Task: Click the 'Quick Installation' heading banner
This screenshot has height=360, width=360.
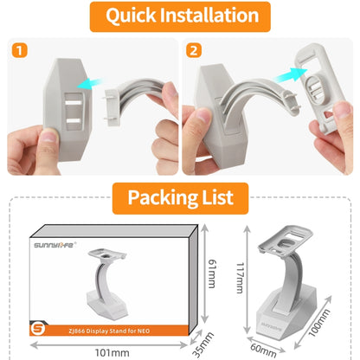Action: click(180, 16)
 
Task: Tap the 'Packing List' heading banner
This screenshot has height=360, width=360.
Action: click(180, 198)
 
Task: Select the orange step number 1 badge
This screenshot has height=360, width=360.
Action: click(20, 50)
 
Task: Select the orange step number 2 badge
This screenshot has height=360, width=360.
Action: click(194, 50)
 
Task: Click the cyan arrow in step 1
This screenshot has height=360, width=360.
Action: click(89, 84)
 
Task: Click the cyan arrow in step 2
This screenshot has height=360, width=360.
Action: click(289, 75)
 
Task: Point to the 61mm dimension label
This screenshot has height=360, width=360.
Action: click(212, 273)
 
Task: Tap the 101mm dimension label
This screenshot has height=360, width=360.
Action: click(112, 352)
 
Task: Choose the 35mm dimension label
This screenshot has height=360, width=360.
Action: click(203, 344)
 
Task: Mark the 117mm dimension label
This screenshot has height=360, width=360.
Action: click(240, 278)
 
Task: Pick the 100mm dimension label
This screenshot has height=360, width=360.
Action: click(319, 323)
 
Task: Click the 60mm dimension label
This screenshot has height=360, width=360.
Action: click(263, 350)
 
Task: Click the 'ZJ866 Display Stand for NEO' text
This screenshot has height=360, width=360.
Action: click(109, 331)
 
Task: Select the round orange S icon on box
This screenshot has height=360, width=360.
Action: click(38, 329)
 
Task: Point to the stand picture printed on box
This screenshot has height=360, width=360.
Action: click(107, 282)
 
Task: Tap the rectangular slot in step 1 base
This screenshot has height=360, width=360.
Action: click(74, 111)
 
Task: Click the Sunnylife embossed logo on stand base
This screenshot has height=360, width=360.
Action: click(272, 326)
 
